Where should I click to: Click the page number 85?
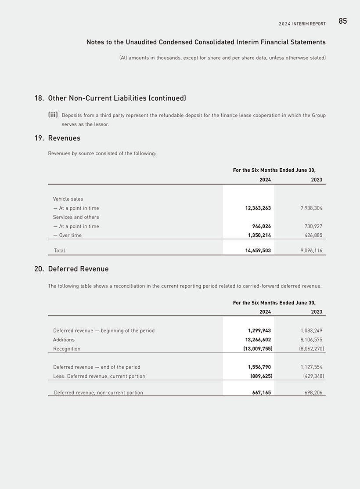click(x=342, y=21)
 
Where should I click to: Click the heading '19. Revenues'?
click(x=58, y=138)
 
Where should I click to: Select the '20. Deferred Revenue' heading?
click(x=72, y=269)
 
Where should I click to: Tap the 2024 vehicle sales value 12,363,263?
click(x=258, y=208)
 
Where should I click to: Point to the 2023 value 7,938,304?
click(x=308, y=208)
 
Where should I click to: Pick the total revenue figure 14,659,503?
click(x=258, y=251)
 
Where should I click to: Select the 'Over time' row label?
click(x=68, y=235)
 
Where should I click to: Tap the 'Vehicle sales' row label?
click(x=68, y=199)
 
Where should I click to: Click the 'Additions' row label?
click(x=64, y=340)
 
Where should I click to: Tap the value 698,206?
click(x=311, y=393)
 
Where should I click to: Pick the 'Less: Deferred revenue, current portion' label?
click(x=99, y=376)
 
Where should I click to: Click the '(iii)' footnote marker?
click(x=53, y=115)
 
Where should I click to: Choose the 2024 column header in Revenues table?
click(x=265, y=180)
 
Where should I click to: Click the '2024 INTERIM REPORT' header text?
click(x=302, y=24)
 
